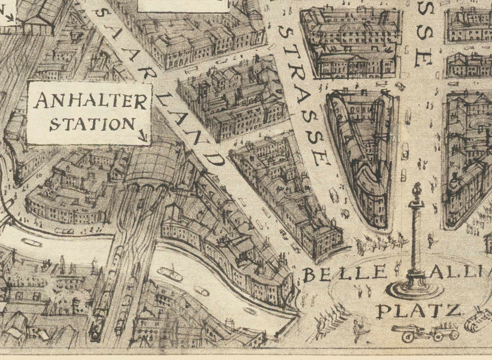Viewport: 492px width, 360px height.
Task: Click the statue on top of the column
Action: (418, 191)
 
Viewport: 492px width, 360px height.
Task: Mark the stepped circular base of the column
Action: (415, 288)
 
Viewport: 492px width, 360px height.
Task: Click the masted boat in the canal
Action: (170, 272)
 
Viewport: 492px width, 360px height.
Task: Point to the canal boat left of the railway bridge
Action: (32, 242)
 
